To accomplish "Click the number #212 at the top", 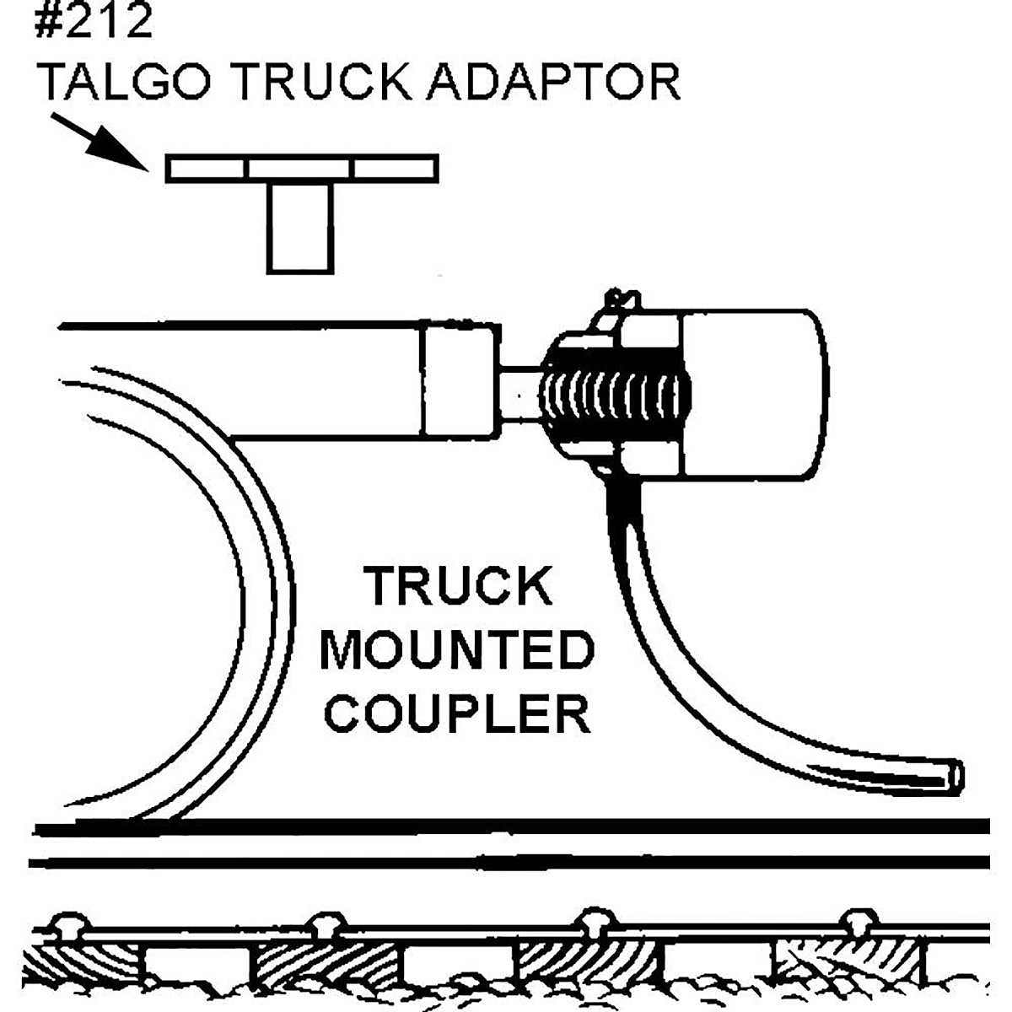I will point(94,20).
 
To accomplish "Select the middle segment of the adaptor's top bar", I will point(300,168).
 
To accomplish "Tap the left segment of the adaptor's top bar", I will point(207,168).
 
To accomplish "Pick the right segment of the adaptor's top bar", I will point(395,168).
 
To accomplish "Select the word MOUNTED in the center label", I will point(457,651).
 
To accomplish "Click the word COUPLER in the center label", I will point(457,713).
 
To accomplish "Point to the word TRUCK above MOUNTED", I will point(457,587).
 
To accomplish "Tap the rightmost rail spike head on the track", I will point(858,922).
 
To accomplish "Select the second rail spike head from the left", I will point(326,922).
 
